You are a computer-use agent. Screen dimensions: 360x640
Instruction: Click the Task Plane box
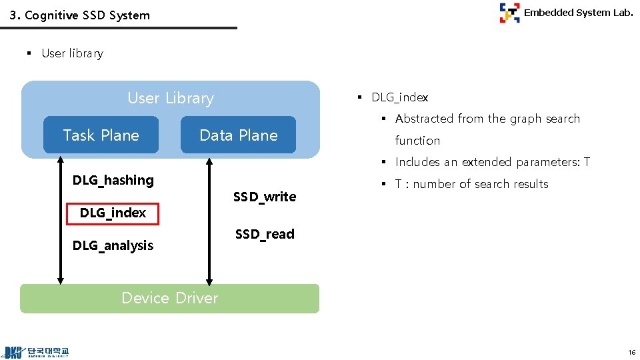click(101, 135)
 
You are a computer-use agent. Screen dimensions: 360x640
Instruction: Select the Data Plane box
click(238, 135)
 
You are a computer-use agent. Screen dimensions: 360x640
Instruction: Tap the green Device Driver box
click(169, 298)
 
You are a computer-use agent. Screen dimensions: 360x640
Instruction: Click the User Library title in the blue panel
click(171, 99)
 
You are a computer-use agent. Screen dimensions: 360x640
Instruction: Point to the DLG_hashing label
click(113, 180)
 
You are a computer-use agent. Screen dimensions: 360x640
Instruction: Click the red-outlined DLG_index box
click(113, 213)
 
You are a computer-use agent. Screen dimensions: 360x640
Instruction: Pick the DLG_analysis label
click(113, 245)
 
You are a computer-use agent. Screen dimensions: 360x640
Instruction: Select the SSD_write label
click(265, 197)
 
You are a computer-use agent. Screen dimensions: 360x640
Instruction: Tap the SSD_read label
click(265, 234)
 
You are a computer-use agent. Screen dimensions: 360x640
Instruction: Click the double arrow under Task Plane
click(61, 220)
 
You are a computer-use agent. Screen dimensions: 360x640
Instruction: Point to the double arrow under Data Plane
click(209, 220)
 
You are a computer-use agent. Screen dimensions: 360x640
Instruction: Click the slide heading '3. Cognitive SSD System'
click(80, 15)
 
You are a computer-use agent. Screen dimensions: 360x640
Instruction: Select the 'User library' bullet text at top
click(72, 53)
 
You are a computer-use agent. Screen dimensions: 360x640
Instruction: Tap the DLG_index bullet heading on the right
click(399, 97)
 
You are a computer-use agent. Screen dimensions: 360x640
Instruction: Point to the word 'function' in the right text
click(417, 141)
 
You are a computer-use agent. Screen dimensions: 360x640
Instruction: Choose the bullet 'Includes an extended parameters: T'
click(492, 162)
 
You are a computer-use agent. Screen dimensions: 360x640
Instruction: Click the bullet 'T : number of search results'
click(471, 184)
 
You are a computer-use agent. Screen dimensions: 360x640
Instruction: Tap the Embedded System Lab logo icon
click(509, 13)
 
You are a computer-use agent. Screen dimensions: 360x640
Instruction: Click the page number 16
click(631, 351)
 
